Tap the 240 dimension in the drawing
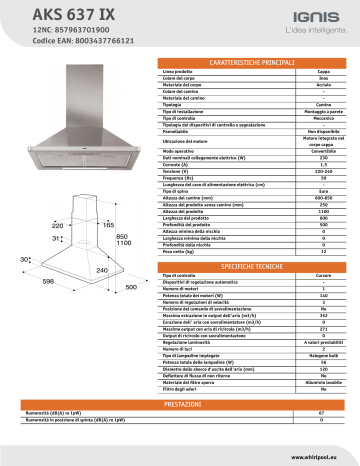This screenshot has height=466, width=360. [100, 271]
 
